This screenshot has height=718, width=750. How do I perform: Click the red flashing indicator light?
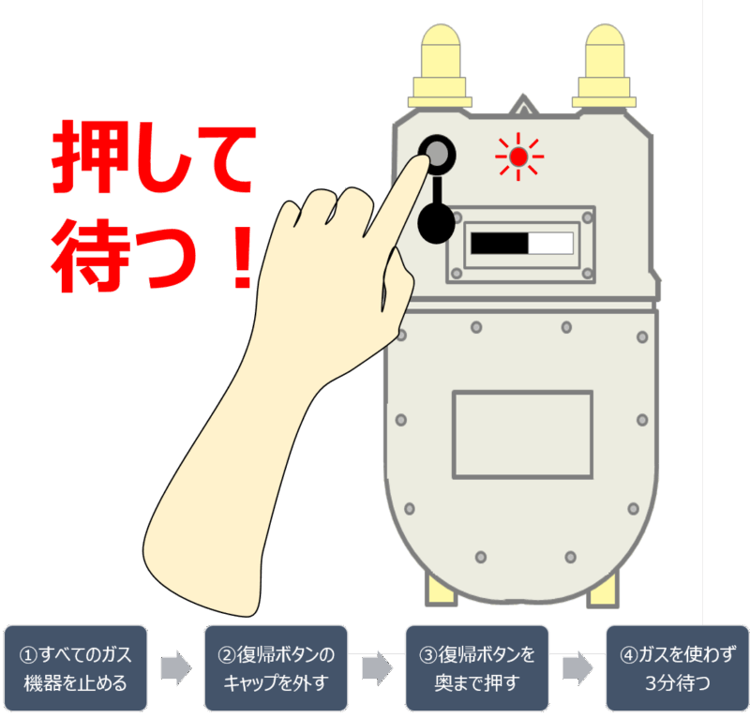(518, 157)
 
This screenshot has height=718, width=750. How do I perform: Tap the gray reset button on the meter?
(437, 154)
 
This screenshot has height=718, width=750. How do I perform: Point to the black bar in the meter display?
(500, 243)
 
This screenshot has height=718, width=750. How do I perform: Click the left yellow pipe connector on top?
(440, 66)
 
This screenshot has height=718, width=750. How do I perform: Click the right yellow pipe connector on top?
(604, 66)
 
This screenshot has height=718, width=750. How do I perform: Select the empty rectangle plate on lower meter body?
(522, 434)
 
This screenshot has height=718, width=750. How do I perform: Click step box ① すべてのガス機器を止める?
(76, 667)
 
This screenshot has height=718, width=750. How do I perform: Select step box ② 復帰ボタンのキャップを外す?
(276, 667)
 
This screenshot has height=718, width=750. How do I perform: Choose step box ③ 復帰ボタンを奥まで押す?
(477, 667)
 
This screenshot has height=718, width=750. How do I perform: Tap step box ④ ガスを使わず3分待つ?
(677, 667)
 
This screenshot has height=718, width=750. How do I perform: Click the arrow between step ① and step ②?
(176, 667)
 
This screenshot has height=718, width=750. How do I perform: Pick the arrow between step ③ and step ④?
(577, 667)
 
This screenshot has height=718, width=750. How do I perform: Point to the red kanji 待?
(91, 256)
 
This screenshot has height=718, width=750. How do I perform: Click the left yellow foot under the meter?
(441, 591)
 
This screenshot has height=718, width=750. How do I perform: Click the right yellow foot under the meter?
(604, 591)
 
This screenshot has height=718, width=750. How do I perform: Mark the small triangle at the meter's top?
(523, 106)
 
